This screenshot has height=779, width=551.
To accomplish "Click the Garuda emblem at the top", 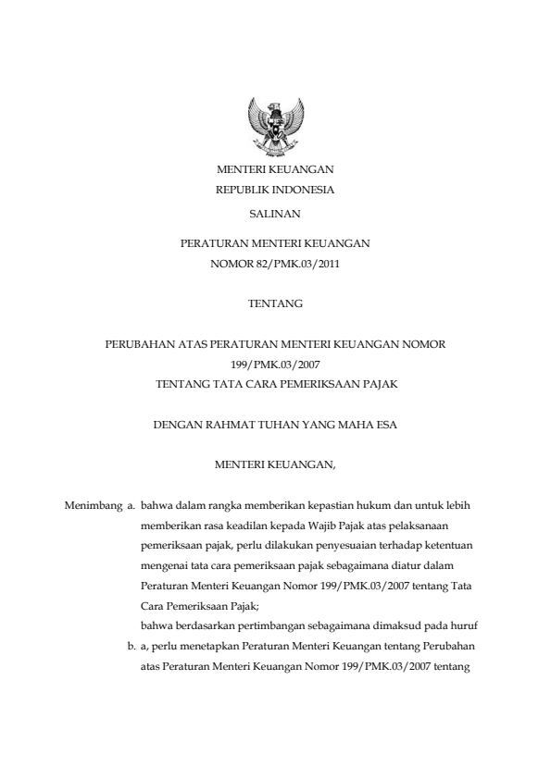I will click(274, 128).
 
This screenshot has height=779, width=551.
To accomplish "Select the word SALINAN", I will click(275, 214).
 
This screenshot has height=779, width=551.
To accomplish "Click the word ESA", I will click(386, 427).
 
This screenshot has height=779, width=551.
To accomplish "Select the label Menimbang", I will click(91, 506).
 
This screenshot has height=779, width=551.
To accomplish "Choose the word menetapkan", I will click(205, 648).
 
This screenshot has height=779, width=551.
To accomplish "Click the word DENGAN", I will click(175, 427).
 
